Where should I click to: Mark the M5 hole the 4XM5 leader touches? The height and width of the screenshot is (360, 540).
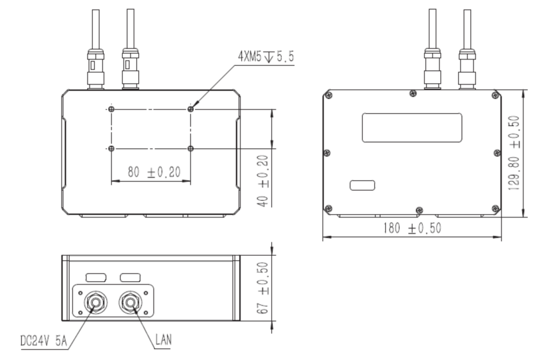191,109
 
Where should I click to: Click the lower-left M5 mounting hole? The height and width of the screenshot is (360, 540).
111,148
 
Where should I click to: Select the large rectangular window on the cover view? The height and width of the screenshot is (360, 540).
412,127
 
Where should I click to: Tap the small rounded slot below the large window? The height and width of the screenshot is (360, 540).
362,185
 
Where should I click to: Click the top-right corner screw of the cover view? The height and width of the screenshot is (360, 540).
494,95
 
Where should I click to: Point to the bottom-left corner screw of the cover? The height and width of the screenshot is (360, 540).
329,208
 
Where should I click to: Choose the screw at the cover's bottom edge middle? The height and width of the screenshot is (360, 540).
419,210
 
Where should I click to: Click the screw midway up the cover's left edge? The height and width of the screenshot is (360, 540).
328,152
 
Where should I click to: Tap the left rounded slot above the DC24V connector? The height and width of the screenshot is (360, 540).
96,278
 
